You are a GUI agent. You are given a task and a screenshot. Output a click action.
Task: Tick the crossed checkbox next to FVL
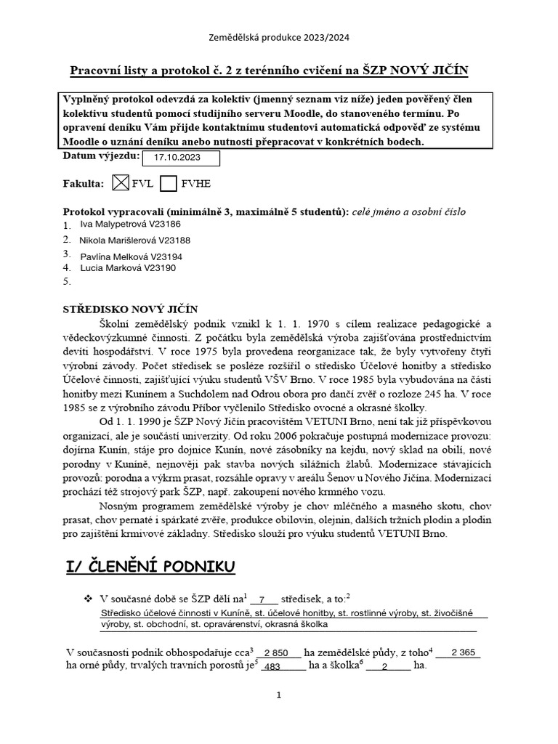122,183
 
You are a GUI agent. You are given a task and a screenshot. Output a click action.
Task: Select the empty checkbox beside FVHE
169,183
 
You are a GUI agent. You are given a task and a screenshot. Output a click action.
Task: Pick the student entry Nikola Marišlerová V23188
134,240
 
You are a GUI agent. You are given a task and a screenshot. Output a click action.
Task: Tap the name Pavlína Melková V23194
131,256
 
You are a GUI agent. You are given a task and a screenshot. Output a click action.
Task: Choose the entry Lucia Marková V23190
128,268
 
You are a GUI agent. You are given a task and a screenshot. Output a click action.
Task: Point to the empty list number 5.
68,280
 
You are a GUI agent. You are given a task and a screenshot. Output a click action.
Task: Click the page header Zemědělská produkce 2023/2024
279,37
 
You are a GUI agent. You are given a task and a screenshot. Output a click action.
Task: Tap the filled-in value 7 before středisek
262,599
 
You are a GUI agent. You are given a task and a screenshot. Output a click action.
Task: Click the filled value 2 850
276,652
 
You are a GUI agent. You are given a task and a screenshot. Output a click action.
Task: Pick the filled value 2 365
463,652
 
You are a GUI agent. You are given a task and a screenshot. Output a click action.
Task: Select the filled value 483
272,666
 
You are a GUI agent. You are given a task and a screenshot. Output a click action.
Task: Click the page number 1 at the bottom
278,695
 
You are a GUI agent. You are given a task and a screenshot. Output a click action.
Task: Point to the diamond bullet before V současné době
88,599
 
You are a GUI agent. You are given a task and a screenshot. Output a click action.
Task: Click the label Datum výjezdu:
101,155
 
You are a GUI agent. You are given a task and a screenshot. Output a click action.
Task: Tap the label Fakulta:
84,184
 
